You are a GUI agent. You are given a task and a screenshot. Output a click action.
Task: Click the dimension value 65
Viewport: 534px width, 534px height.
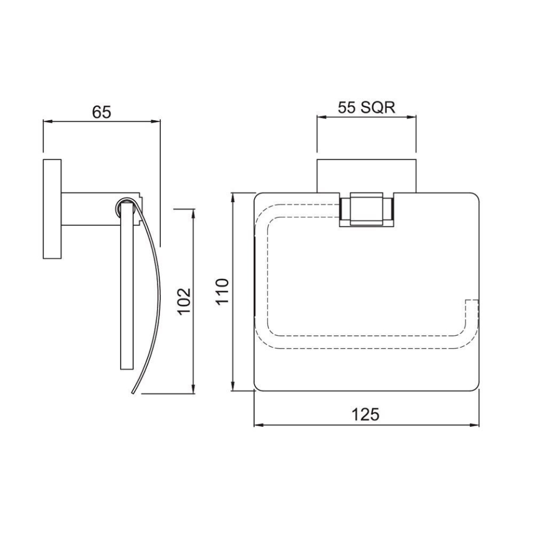pyautogui.click(x=102, y=112)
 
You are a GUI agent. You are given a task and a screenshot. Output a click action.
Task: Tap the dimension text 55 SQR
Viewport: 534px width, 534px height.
pyautogui.click(x=367, y=107)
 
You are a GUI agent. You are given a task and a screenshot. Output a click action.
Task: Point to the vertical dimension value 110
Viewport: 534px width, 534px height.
pyautogui.click(x=222, y=291)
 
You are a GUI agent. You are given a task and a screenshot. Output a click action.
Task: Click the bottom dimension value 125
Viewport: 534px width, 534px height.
pyautogui.click(x=365, y=414)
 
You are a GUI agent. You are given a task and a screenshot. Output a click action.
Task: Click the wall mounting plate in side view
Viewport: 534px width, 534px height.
pyautogui.click(x=52, y=209)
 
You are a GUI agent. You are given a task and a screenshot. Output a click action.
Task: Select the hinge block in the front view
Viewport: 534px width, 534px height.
pyautogui.click(x=366, y=210)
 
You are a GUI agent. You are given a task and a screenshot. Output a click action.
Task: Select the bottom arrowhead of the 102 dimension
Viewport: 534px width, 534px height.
pyautogui.click(x=194, y=390)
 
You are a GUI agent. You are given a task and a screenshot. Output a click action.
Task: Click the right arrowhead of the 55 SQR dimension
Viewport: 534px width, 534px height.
pyautogui.click(x=412, y=117)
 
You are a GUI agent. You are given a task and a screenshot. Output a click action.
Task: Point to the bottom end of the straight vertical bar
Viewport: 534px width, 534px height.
pyautogui.click(x=127, y=367)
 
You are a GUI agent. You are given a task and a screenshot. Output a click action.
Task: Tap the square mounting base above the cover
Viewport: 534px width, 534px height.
pyautogui.click(x=366, y=176)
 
